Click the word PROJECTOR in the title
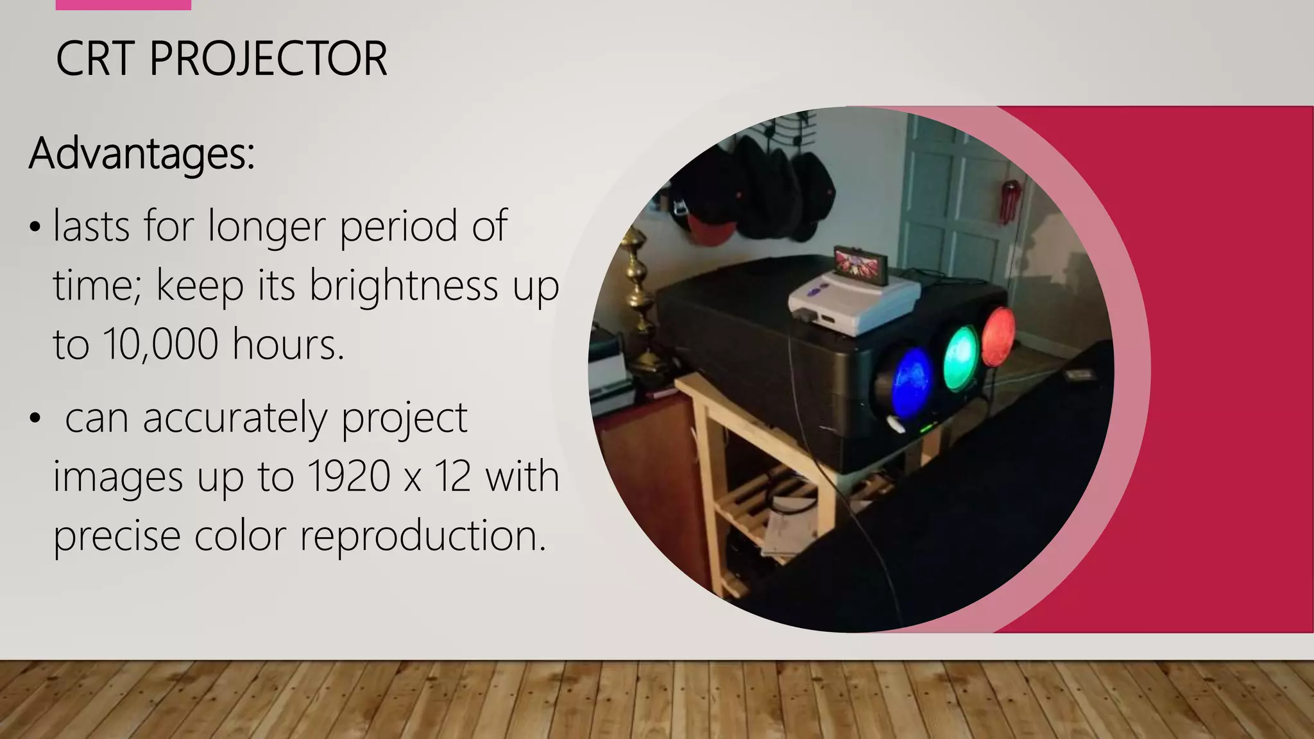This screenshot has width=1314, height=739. click(268, 59)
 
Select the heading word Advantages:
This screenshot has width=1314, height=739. click(142, 154)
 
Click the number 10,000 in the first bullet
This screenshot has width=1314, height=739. click(160, 344)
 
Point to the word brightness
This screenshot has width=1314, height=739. click(404, 285)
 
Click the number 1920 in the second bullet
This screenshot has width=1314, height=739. click(349, 477)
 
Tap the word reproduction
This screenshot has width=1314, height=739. click(423, 536)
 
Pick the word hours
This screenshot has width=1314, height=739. click(288, 344)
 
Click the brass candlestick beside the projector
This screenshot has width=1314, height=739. click(638, 302)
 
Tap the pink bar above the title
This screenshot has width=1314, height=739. click(123, 4)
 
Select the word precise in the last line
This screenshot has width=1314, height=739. click(116, 536)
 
